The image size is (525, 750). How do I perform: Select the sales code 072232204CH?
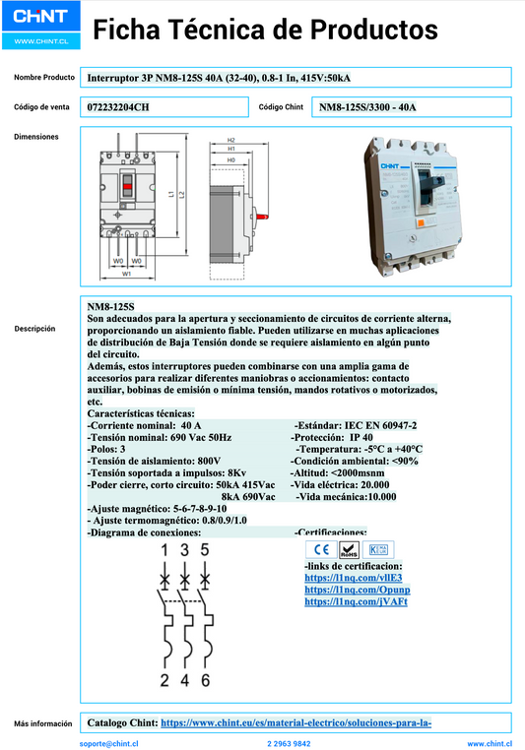119,106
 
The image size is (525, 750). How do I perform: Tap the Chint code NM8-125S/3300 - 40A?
367,106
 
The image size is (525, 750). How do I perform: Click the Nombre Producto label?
44,77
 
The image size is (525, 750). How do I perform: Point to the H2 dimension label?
230,140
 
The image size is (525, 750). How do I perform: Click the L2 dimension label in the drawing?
182,195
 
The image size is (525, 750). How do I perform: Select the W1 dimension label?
127,273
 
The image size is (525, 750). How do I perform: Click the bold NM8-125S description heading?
110,307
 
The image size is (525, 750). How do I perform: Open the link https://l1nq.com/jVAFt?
356,600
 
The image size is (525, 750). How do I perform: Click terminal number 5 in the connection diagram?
205,550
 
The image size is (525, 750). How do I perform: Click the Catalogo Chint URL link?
295,723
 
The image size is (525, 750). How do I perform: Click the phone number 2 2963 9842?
289,744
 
